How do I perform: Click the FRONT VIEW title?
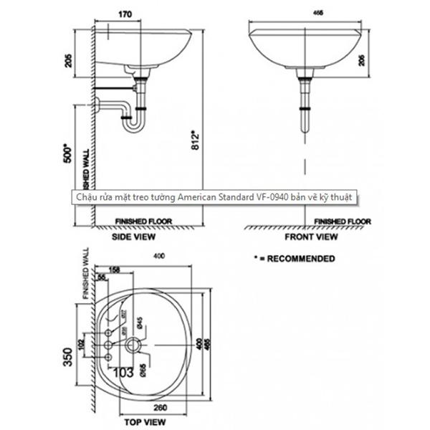click(x=311, y=235)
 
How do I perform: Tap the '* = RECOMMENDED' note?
click(x=294, y=257)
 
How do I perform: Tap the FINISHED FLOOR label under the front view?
click(x=343, y=221)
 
